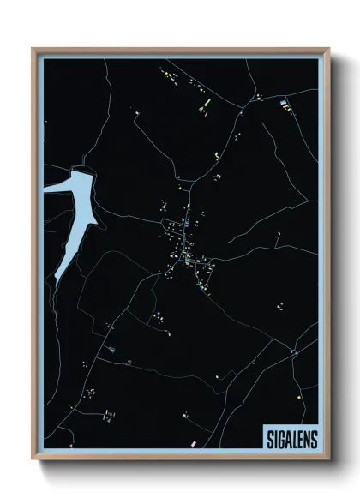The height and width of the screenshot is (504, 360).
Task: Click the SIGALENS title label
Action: pos(287,438)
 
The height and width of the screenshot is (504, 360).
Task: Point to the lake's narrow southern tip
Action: pos(57,279)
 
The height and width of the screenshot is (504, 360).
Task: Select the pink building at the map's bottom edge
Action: pos(193,443)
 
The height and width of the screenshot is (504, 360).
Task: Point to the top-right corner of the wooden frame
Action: pos(328,49)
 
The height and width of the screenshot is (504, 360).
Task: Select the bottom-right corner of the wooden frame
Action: pos(328,459)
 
